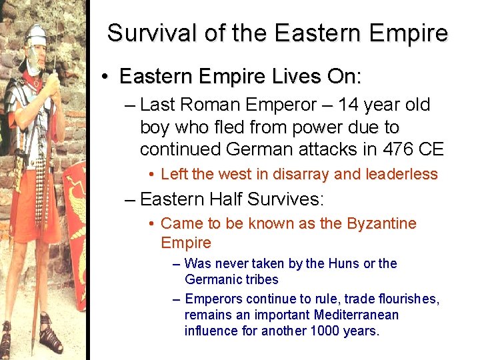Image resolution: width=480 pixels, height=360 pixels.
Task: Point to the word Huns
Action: click(x=342, y=264)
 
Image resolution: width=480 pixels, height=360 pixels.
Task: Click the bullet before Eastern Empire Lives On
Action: click(x=106, y=78)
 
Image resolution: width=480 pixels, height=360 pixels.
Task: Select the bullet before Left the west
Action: click(x=152, y=175)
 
